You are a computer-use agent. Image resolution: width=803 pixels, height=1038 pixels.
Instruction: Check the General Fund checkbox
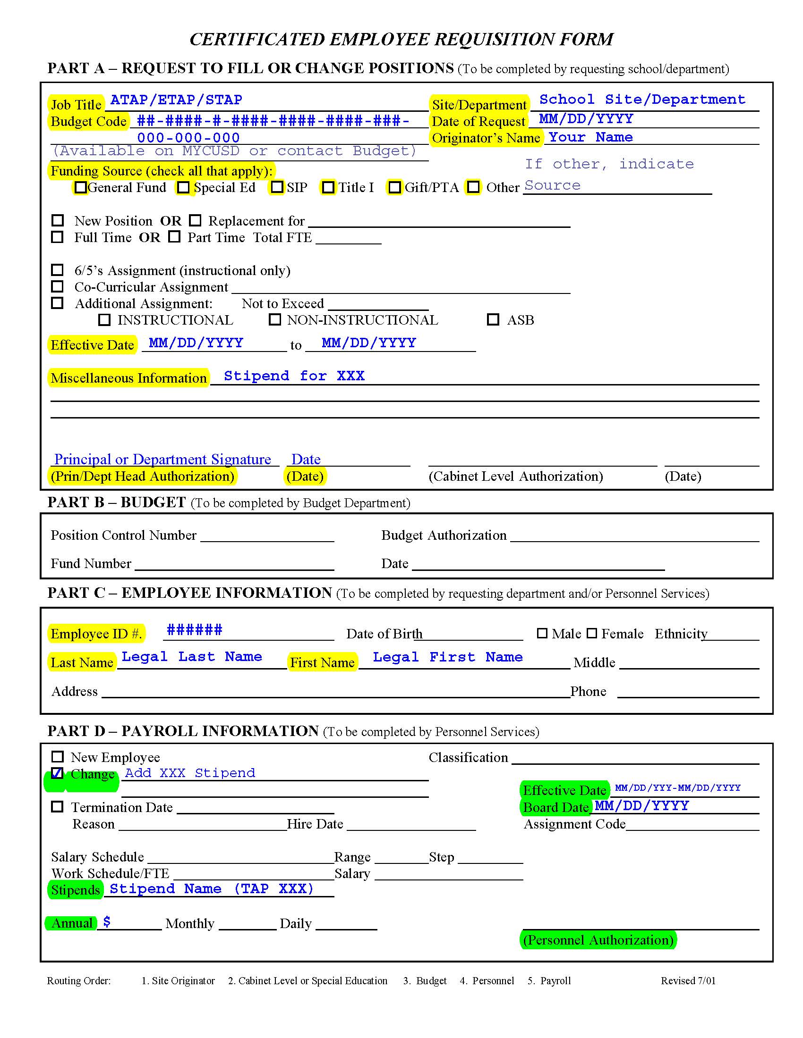80,187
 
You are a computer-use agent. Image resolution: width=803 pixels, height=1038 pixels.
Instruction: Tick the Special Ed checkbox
183,187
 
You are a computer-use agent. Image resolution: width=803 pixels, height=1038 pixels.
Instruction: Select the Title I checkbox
328,187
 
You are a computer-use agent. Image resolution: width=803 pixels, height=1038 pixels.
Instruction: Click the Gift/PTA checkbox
394,187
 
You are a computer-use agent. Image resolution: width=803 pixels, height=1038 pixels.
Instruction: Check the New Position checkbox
57,220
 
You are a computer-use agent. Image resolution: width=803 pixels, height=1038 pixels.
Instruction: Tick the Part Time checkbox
175,237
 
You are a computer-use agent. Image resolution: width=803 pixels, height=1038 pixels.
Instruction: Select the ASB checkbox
493,319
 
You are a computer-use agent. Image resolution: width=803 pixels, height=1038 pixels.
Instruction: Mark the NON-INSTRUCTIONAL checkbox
274,319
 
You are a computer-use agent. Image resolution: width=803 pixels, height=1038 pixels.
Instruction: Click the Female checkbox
591,633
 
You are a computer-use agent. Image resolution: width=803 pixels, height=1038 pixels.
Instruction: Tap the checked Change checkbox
57,773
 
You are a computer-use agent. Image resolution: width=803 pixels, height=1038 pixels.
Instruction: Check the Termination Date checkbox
57,806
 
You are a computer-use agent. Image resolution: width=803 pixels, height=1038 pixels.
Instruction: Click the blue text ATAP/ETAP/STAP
176,100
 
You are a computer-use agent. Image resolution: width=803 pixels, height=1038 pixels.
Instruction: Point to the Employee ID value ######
194,630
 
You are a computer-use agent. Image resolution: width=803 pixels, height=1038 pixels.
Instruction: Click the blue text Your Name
590,137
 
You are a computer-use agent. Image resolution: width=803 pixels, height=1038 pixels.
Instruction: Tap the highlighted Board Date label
555,807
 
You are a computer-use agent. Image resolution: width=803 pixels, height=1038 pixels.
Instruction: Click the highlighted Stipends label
76,890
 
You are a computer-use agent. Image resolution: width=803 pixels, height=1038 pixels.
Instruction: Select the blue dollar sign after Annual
107,922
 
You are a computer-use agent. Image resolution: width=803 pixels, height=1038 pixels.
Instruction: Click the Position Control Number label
123,535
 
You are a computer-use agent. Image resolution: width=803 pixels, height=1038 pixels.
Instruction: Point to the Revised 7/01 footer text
687,980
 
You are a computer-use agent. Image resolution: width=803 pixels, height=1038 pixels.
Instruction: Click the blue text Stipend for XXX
294,376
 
